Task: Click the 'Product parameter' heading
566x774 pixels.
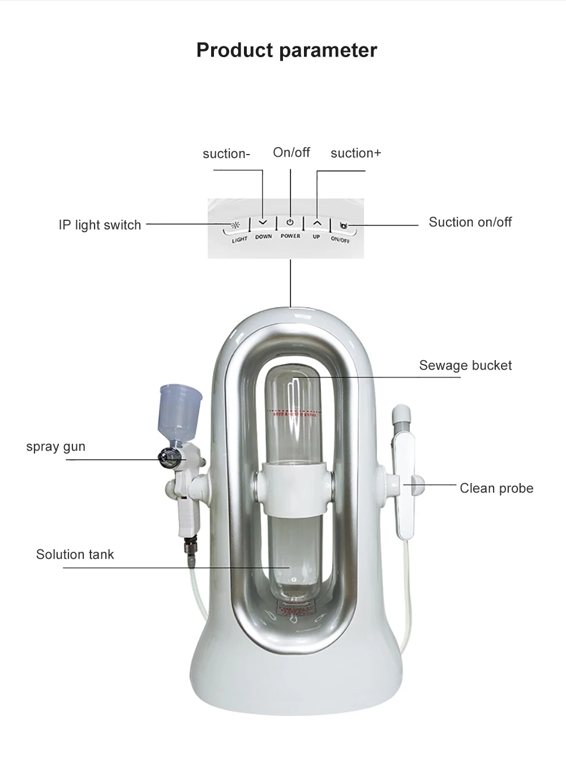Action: point(286,50)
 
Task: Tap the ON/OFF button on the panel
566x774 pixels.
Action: point(342,226)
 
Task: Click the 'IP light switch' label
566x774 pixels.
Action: point(100,225)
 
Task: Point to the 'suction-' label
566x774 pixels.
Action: point(226,153)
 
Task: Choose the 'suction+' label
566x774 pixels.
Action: point(355,153)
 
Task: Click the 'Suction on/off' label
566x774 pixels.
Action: point(470,222)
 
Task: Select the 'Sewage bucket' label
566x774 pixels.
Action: point(465,365)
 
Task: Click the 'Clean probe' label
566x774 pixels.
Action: point(496,488)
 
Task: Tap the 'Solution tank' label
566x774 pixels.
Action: point(75,554)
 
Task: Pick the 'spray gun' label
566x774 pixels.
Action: point(55,446)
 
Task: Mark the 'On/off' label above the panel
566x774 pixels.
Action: point(291,152)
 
